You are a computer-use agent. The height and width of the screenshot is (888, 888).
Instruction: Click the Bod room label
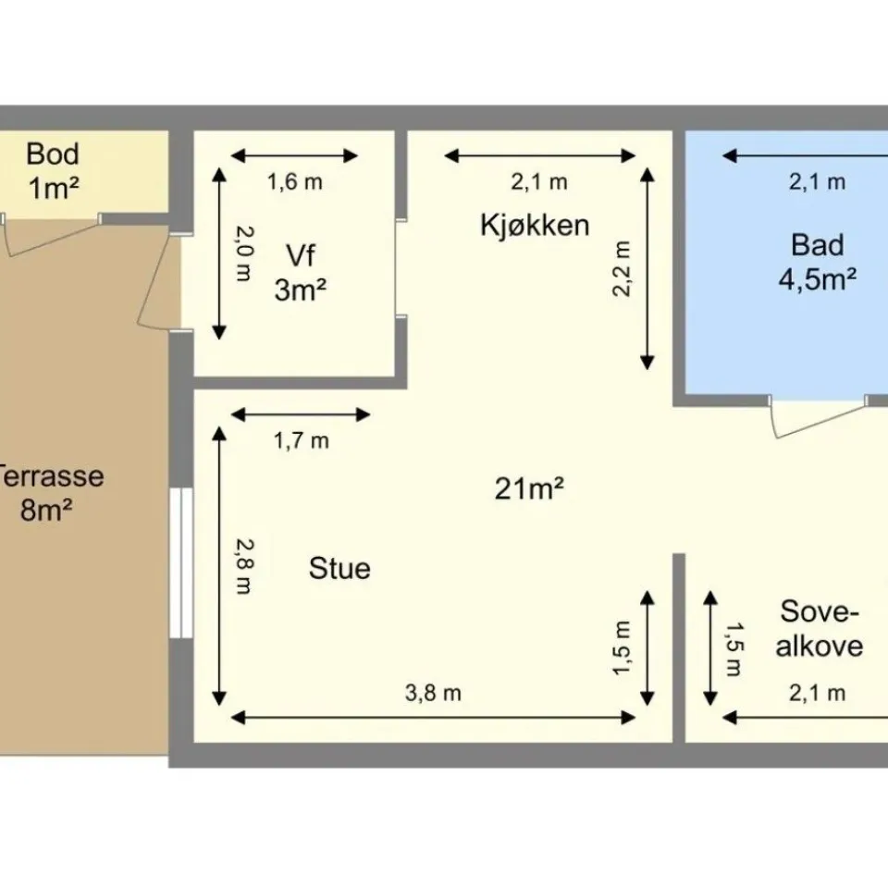(53, 154)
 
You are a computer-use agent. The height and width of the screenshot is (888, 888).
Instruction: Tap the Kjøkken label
(535, 225)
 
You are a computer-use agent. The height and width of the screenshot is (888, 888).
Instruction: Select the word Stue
(339, 568)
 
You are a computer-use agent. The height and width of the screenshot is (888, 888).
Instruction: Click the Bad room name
(817, 245)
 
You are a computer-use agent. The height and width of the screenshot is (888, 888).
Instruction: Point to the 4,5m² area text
(817, 278)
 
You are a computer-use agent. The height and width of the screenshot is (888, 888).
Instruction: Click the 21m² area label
(529, 488)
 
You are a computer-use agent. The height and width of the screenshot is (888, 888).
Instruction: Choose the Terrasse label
(51, 475)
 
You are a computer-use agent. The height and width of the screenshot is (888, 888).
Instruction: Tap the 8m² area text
(46, 510)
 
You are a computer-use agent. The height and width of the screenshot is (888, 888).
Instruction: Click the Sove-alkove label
(819, 629)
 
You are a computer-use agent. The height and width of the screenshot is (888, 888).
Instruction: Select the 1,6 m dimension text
(294, 182)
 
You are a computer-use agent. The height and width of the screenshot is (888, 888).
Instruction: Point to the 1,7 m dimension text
(302, 440)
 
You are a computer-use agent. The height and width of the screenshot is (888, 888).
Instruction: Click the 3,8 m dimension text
(433, 693)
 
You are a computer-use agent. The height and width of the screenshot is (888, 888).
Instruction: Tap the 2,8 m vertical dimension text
(244, 566)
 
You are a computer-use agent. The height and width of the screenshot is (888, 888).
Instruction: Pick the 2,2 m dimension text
(622, 268)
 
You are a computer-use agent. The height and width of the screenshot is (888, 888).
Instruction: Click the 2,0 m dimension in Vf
(244, 253)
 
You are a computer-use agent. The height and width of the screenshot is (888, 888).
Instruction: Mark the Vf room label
(301, 255)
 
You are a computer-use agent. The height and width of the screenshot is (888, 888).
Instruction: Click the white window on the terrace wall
(181, 562)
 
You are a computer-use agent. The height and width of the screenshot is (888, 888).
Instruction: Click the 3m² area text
(300, 290)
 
